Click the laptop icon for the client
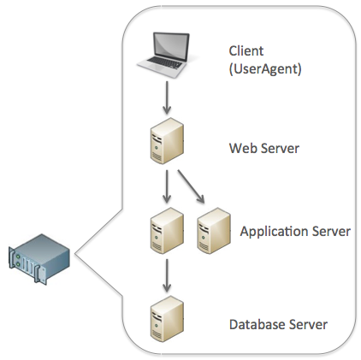(x=163, y=55)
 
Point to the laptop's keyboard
(x=164, y=63)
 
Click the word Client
(x=246, y=51)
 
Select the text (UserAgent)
(x=265, y=68)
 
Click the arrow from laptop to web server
(x=167, y=97)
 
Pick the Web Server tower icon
(x=167, y=141)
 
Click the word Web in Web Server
(x=243, y=148)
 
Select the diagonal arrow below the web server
(x=191, y=186)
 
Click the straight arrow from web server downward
(x=167, y=186)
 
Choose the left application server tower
(x=167, y=231)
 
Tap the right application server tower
(x=214, y=231)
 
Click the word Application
(x=274, y=232)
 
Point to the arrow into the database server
(x=167, y=275)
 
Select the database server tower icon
(x=167, y=319)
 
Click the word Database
(x=257, y=325)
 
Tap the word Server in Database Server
(x=308, y=325)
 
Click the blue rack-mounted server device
(x=39, y=258)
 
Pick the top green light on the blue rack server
(x=18, y=257)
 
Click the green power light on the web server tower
(x=156, y=148)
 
